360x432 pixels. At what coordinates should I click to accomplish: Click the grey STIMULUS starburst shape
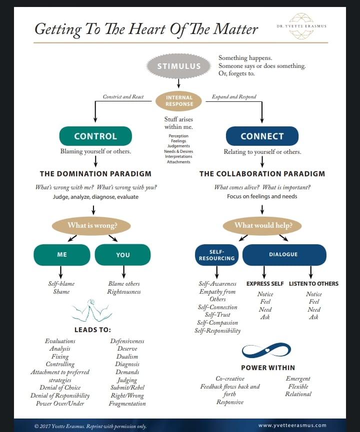coord(179,66)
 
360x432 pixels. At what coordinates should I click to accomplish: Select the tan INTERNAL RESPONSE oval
coord(179,100)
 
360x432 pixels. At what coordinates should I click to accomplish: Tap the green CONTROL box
coord(95,136)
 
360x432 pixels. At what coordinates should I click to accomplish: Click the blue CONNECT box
coord(262,136)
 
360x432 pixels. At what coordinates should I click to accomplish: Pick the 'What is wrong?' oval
coord(92,225)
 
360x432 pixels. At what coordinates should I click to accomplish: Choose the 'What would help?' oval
coord(263,225)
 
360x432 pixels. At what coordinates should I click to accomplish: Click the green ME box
coord(62,255)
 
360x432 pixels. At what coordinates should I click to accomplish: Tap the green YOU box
coord(123,255)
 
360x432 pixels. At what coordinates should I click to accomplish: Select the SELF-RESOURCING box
coord(216,255)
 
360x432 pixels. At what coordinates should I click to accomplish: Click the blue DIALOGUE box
coord(283,255)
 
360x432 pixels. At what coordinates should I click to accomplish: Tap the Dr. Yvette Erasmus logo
coord(301,25)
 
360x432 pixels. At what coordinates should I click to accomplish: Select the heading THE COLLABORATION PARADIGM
coord(262,174)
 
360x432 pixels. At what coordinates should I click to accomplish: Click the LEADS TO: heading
coord(92,330)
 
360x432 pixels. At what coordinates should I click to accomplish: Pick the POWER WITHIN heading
coord(268,368)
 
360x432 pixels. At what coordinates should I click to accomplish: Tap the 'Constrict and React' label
coord(123,97)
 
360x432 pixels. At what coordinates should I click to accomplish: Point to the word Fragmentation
coord(127,404)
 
